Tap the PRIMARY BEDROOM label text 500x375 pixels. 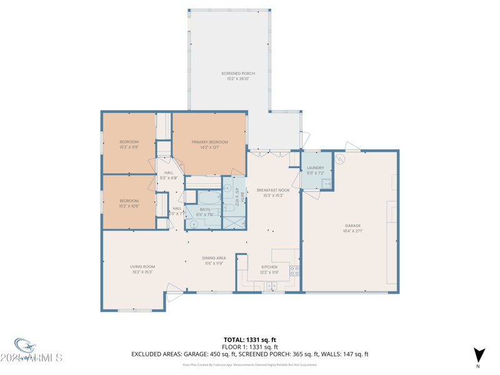click(x=209, y=142)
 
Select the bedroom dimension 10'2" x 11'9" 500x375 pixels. click(x=129, y=147)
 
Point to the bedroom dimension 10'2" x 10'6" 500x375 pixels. click(x=129, y=206)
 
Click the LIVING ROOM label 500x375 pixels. click(x=142, y=267)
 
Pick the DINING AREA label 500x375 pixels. click(x=214, y=258)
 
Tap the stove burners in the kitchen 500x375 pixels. click(x=294, y=271)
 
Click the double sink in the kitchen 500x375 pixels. click(x=271, y=286)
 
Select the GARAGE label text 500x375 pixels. click(x=352, y=226)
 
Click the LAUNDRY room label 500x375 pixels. click(x=316, y=168)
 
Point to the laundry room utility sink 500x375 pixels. click(x=326, y=183)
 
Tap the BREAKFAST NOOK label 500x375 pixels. click(x=273, y=190)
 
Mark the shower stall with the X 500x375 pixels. click(x=234, y=222)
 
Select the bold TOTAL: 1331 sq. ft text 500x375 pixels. click(x=250, y=340)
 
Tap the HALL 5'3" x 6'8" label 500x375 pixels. click(x=169, y=176)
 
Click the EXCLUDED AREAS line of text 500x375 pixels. click(x=250, y=354)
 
